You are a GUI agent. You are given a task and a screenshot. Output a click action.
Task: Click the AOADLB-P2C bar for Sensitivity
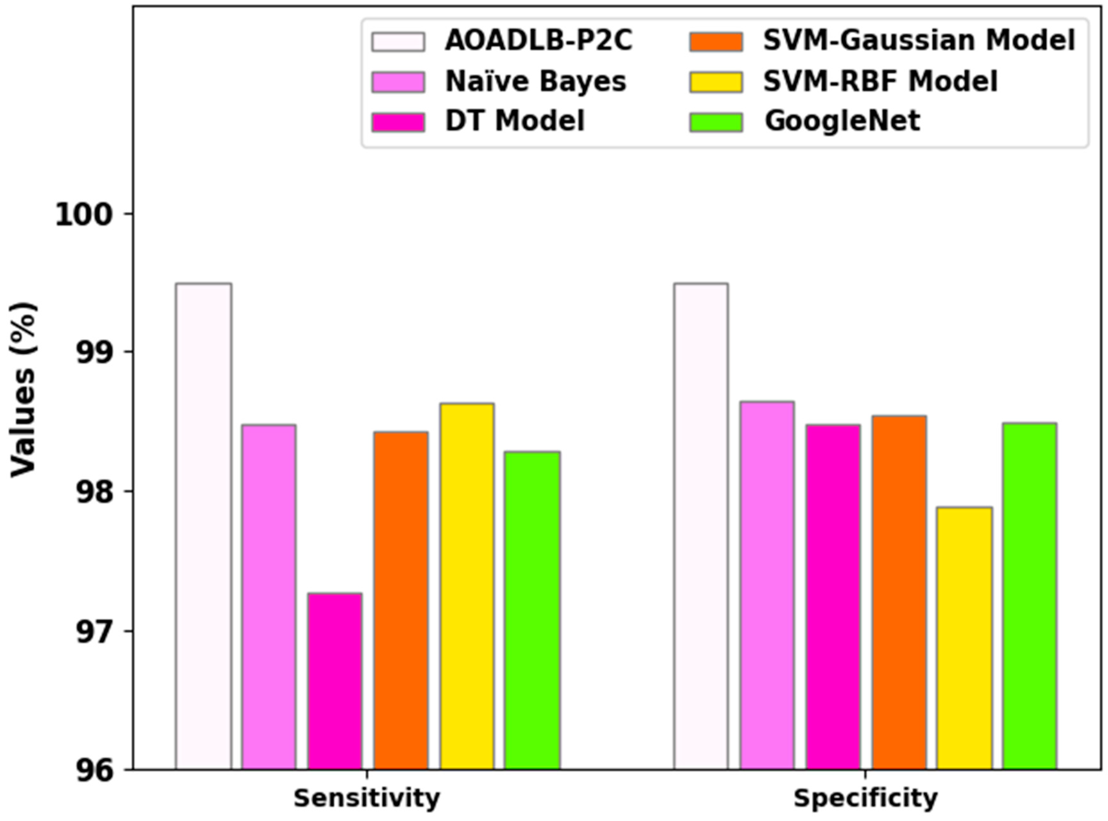point(203,527)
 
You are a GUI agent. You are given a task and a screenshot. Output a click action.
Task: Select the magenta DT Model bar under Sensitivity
point(335,681)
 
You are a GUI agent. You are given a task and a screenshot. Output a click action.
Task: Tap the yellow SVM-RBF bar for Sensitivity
point(467,586)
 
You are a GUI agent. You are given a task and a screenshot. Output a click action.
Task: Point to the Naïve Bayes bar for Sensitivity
point(269,597)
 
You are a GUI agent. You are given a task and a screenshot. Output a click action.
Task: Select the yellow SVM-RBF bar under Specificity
point(964,639)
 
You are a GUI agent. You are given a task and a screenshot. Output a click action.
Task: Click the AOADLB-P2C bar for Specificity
point(701,527)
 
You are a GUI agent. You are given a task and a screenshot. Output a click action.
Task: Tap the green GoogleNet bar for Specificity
point(1029,596)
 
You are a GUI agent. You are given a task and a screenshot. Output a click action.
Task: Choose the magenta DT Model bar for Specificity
point(833,597)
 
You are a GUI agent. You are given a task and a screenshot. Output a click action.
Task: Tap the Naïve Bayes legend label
point(535,82)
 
